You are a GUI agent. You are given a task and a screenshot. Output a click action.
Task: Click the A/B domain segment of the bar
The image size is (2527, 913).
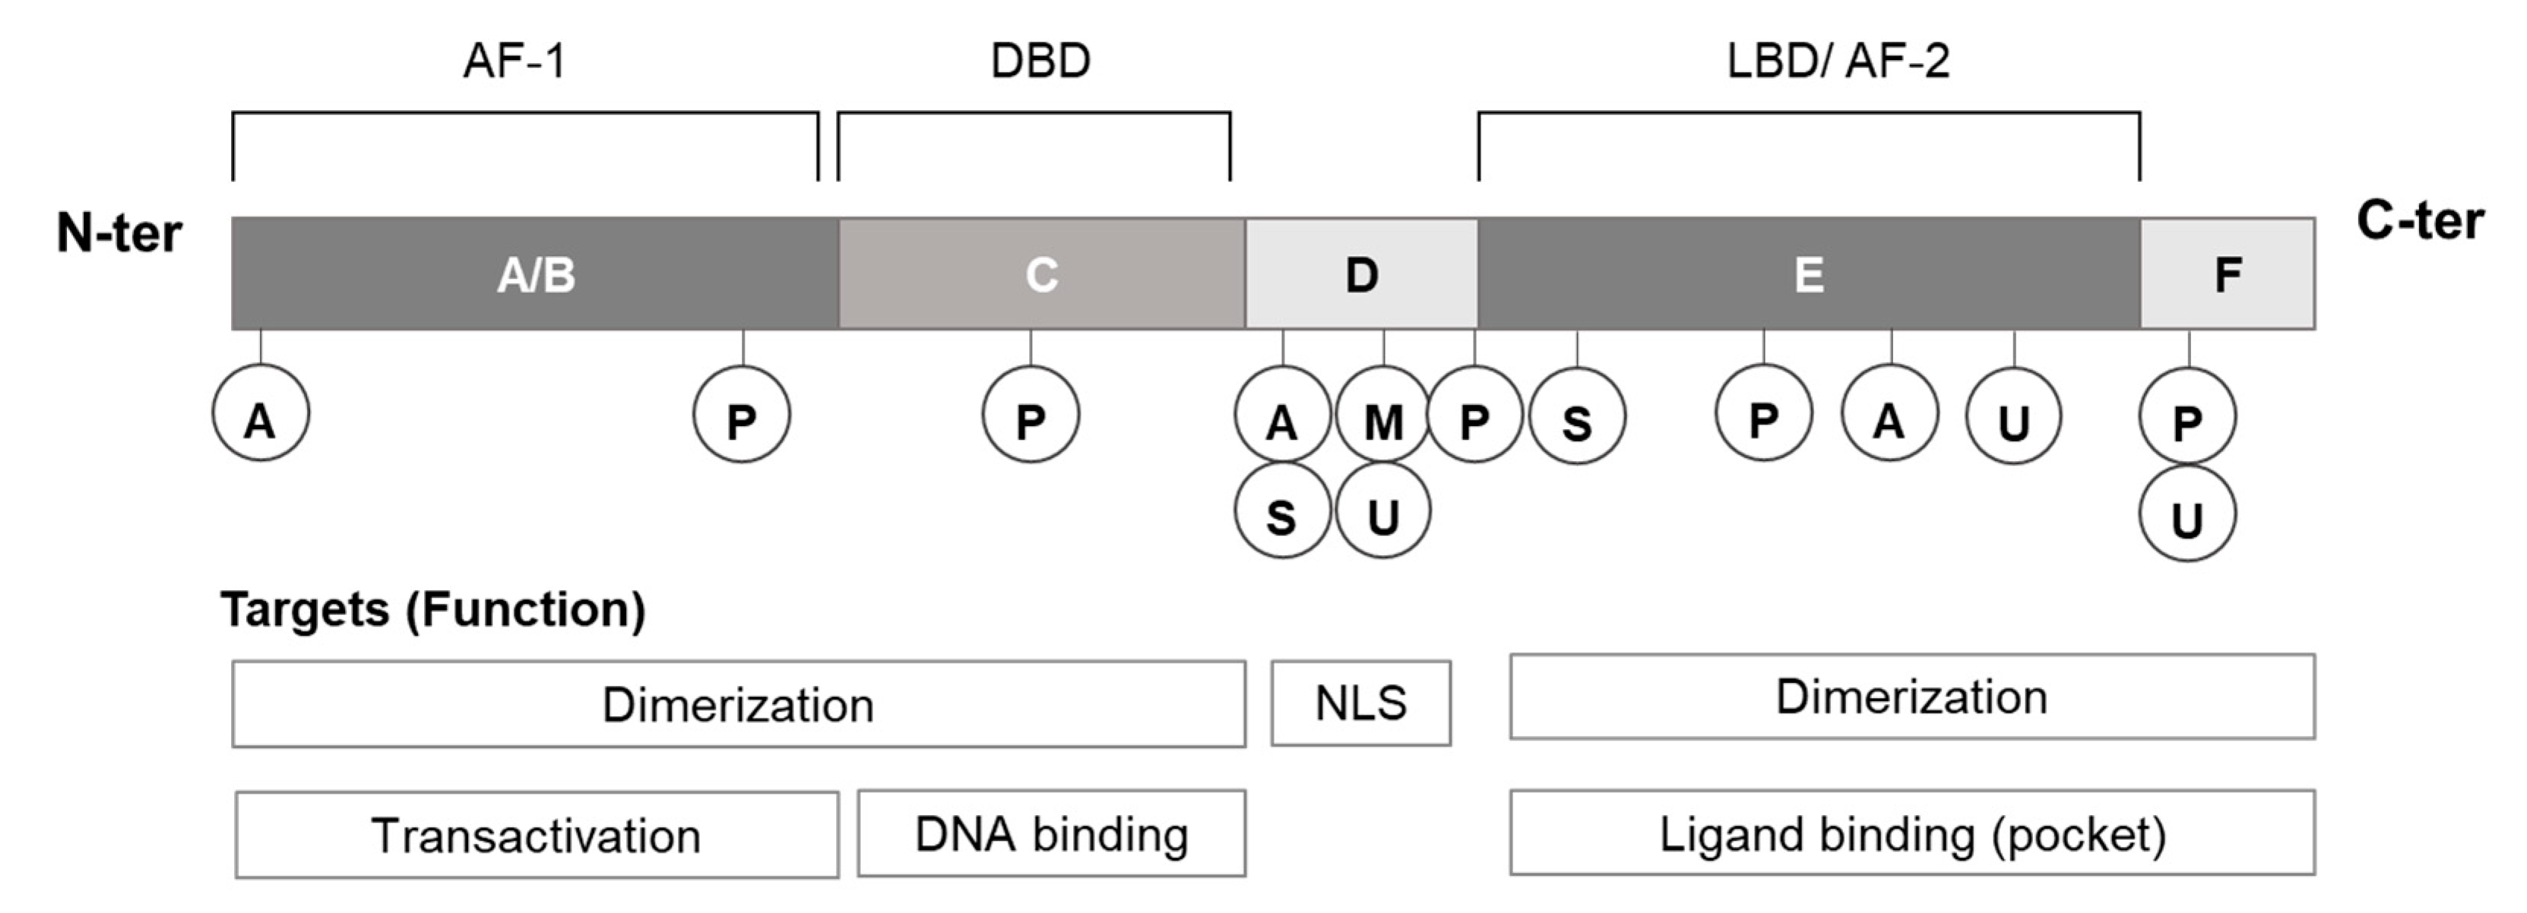[x=534, y=273]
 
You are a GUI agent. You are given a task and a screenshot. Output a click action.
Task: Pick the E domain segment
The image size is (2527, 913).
[x=1808, y=273]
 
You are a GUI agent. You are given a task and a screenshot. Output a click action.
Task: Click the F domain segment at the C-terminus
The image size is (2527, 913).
[x=2227, y=273]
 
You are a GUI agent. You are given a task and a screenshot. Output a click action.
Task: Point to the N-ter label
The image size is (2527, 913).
[x=119, y=233]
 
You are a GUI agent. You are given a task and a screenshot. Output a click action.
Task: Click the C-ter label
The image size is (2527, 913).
[x=2420, y=220]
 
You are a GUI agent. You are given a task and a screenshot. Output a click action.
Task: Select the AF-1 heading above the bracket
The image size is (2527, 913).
[x=514, y=61]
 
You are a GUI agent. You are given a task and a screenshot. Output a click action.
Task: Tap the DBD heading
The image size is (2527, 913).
[x=1040, y=61]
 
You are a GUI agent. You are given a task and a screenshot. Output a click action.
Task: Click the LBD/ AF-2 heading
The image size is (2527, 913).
[x=1838, y=61]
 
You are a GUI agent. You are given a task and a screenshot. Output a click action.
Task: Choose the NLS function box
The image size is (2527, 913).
[x=1360, y=703]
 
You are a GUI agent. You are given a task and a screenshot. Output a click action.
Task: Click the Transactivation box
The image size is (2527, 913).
[x=537, y=836]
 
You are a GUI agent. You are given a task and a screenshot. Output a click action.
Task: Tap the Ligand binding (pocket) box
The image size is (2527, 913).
[x=1912, y=833]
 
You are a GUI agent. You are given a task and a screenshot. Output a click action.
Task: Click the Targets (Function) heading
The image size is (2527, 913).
[x=432, y=609]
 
